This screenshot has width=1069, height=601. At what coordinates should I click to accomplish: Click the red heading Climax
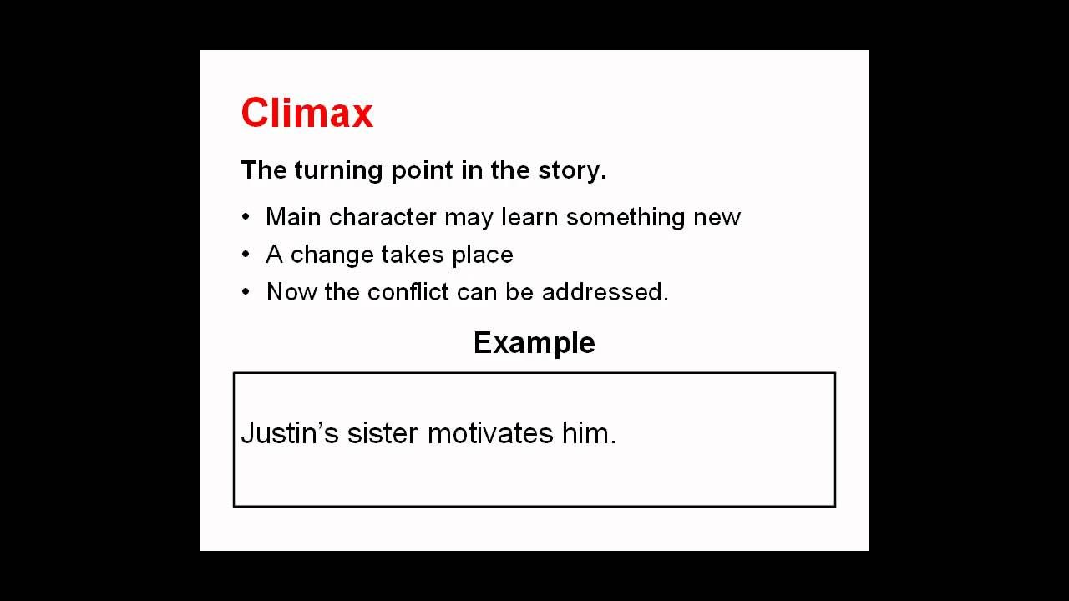(x=307, y=113)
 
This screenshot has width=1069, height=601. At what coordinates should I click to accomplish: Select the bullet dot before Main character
(x=246, y=217)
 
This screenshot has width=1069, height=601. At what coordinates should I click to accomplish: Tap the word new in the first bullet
(x=717, y=217)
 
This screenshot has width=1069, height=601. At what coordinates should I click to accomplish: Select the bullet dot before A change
(x=246, y=255)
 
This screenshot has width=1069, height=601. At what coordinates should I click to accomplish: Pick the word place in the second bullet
(x=483, y=255)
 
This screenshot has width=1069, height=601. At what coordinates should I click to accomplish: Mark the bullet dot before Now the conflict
(x=246, y=292)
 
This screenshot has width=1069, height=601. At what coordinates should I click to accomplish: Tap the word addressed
(x=604, y=292)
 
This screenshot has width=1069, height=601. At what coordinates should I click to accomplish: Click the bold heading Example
(x=534, y=343)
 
